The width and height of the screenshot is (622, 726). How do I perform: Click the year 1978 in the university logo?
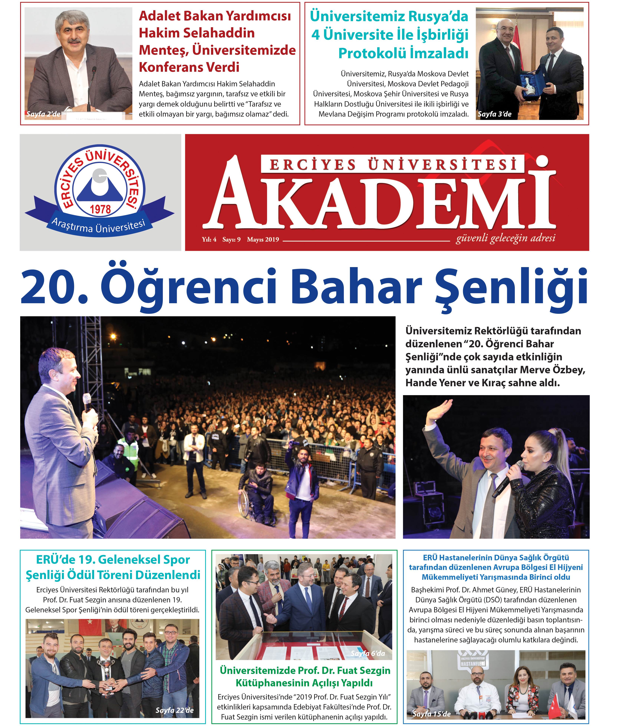click(x=100, y=209)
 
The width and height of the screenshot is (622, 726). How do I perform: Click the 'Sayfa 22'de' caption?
click(x=174, y=710)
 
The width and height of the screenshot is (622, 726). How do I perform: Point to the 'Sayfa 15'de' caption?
click(x=431, y=714)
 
